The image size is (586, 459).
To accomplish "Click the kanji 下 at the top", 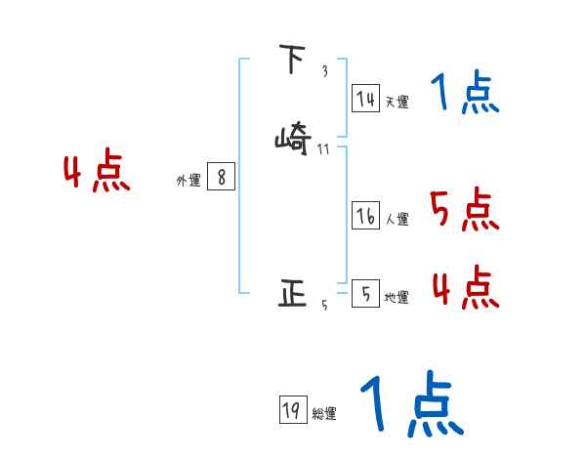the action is coord(291,62).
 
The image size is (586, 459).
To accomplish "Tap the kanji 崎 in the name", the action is coord(294,140).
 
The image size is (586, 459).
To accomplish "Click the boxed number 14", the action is coord(365,99).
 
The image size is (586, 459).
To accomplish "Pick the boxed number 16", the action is coord(365,217).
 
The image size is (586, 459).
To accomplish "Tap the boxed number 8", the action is coord(222,177).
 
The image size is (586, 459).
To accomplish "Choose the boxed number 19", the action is coord(291,411).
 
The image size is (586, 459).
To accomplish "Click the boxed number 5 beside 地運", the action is coord(365,294).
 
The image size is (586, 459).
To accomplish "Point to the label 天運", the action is coord(397,102).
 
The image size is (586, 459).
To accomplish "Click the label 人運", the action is coord(397,220).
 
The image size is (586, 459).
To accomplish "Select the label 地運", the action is coord(397,297).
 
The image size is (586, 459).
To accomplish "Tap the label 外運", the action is coord(188,180).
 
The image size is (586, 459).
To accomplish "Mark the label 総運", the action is coord(324,414).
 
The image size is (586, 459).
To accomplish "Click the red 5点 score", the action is coord(464,209).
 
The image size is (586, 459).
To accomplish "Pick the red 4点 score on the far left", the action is coord(97,174).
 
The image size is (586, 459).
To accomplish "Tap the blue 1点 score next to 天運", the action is coord(464,94).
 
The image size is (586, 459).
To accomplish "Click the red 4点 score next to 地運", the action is coord(465,288).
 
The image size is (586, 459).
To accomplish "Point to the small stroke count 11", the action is coord(323,149).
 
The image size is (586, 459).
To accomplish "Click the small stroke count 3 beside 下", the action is coord(324,71).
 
